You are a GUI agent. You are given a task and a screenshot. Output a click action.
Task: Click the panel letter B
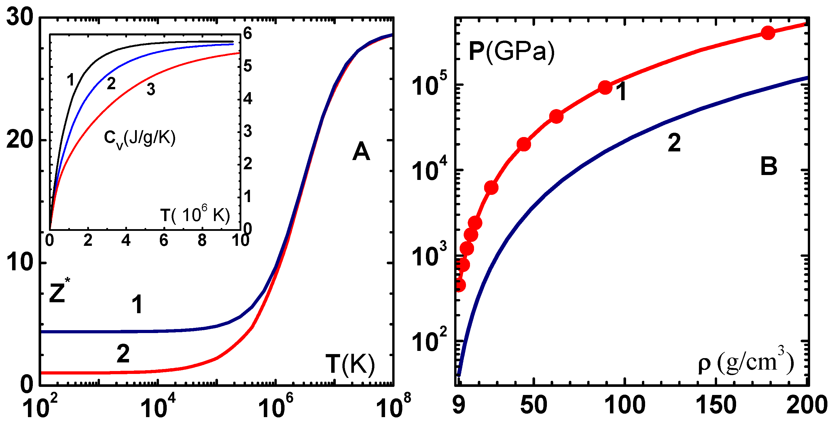768,167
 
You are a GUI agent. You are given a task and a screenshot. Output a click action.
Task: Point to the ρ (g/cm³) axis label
745,363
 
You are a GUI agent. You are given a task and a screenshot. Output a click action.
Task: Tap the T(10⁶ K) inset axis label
195,215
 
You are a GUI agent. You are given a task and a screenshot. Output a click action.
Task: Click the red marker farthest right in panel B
768,33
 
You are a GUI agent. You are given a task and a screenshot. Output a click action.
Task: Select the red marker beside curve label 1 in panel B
605,88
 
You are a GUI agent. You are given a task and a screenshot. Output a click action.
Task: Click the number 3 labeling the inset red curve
151,90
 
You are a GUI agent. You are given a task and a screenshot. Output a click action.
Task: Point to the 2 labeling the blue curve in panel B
674,143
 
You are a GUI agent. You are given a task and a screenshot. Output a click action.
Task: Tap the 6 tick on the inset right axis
247,34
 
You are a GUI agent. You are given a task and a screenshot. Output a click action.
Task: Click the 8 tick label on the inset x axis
202,241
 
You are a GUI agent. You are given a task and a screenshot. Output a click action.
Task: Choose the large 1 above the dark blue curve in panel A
137,305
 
